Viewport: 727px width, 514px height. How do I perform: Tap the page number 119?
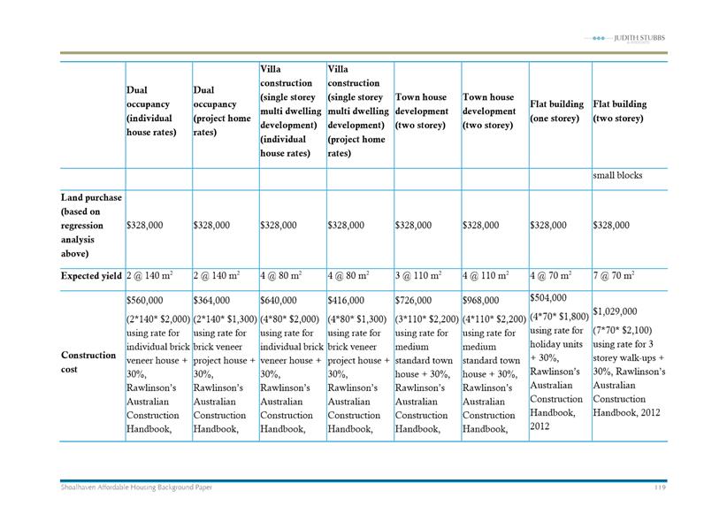tap(660, 487)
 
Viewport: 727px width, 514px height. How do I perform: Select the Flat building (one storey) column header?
tap(556, 111)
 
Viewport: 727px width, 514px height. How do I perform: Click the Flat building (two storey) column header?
tap(620, 111)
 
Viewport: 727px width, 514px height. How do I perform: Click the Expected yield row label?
tap(92, 277)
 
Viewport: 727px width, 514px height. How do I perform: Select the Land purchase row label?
tap(92, 225)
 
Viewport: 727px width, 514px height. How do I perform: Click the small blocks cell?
tap(617, 175)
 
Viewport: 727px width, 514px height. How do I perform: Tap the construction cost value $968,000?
tap(482, 301)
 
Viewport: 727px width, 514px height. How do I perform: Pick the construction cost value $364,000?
tap(214, 301)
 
